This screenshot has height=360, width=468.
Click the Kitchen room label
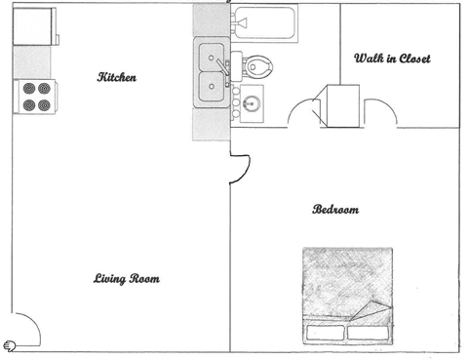click(x=116, y=77)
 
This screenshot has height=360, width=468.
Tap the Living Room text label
click(x=127, y=279)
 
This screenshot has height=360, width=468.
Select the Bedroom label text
click(x=335, y=210)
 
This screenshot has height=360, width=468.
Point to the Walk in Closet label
click(x=391, y=59)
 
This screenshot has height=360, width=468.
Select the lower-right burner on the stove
click(x=45, y=104)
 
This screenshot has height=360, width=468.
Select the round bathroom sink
click(x=251, y=101)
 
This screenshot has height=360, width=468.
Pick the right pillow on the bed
click(x=374, y=331)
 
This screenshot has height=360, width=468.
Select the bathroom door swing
click(x=303, y=109)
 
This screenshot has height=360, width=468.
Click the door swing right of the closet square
click(x=381, y=109)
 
